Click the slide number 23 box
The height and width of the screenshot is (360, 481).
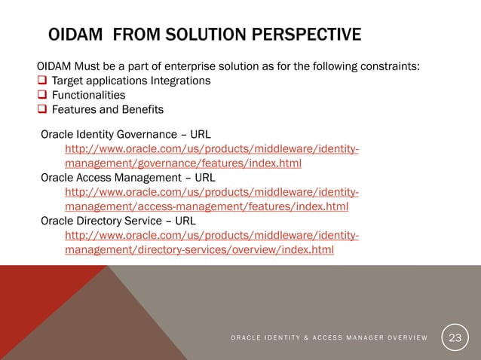[x=456, y=336]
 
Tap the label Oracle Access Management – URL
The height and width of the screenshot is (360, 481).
[x=127, y=178]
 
